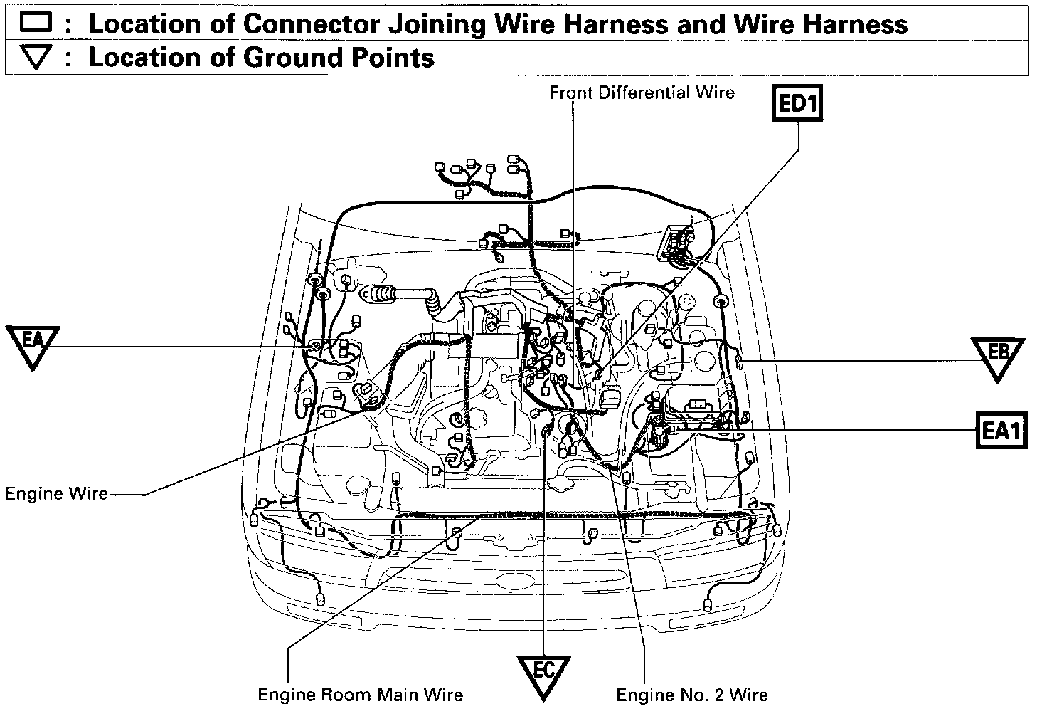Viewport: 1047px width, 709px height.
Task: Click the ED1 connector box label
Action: [797, 105]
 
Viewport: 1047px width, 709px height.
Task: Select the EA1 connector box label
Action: [999, 430]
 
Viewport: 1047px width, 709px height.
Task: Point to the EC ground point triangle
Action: [543, 673]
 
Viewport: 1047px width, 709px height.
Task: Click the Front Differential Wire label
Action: [642, 93]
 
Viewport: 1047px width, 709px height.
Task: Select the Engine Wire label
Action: [56, 493]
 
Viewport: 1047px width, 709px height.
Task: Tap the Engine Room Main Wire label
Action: [360, 694]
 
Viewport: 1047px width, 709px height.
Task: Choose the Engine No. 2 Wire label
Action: [691, 694]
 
